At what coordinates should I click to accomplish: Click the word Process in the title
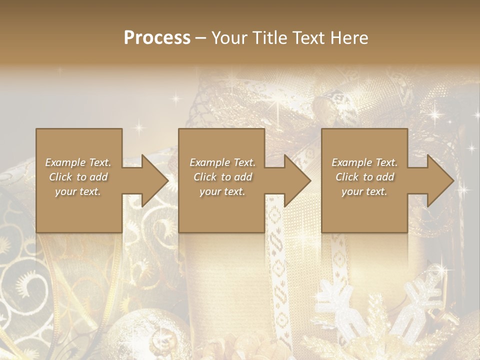(x=157, y=37)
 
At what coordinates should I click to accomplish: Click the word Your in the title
(x=230, y=37)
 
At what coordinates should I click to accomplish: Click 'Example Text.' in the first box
(x=78, y=162)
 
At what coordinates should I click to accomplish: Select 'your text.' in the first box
(x=78, y=191)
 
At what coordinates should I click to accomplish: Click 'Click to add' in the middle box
(x=222, y=177)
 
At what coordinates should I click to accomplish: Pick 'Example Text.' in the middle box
(x=222, y=162)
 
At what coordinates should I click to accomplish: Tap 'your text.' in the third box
(x=364, y=191)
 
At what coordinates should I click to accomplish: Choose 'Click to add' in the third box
(x=364, y=177)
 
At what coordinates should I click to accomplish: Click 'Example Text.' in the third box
(x=364, y=162)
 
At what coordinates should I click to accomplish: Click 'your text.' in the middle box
(x=222, y=191)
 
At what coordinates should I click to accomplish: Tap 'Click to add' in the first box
(x=78, y=177)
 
